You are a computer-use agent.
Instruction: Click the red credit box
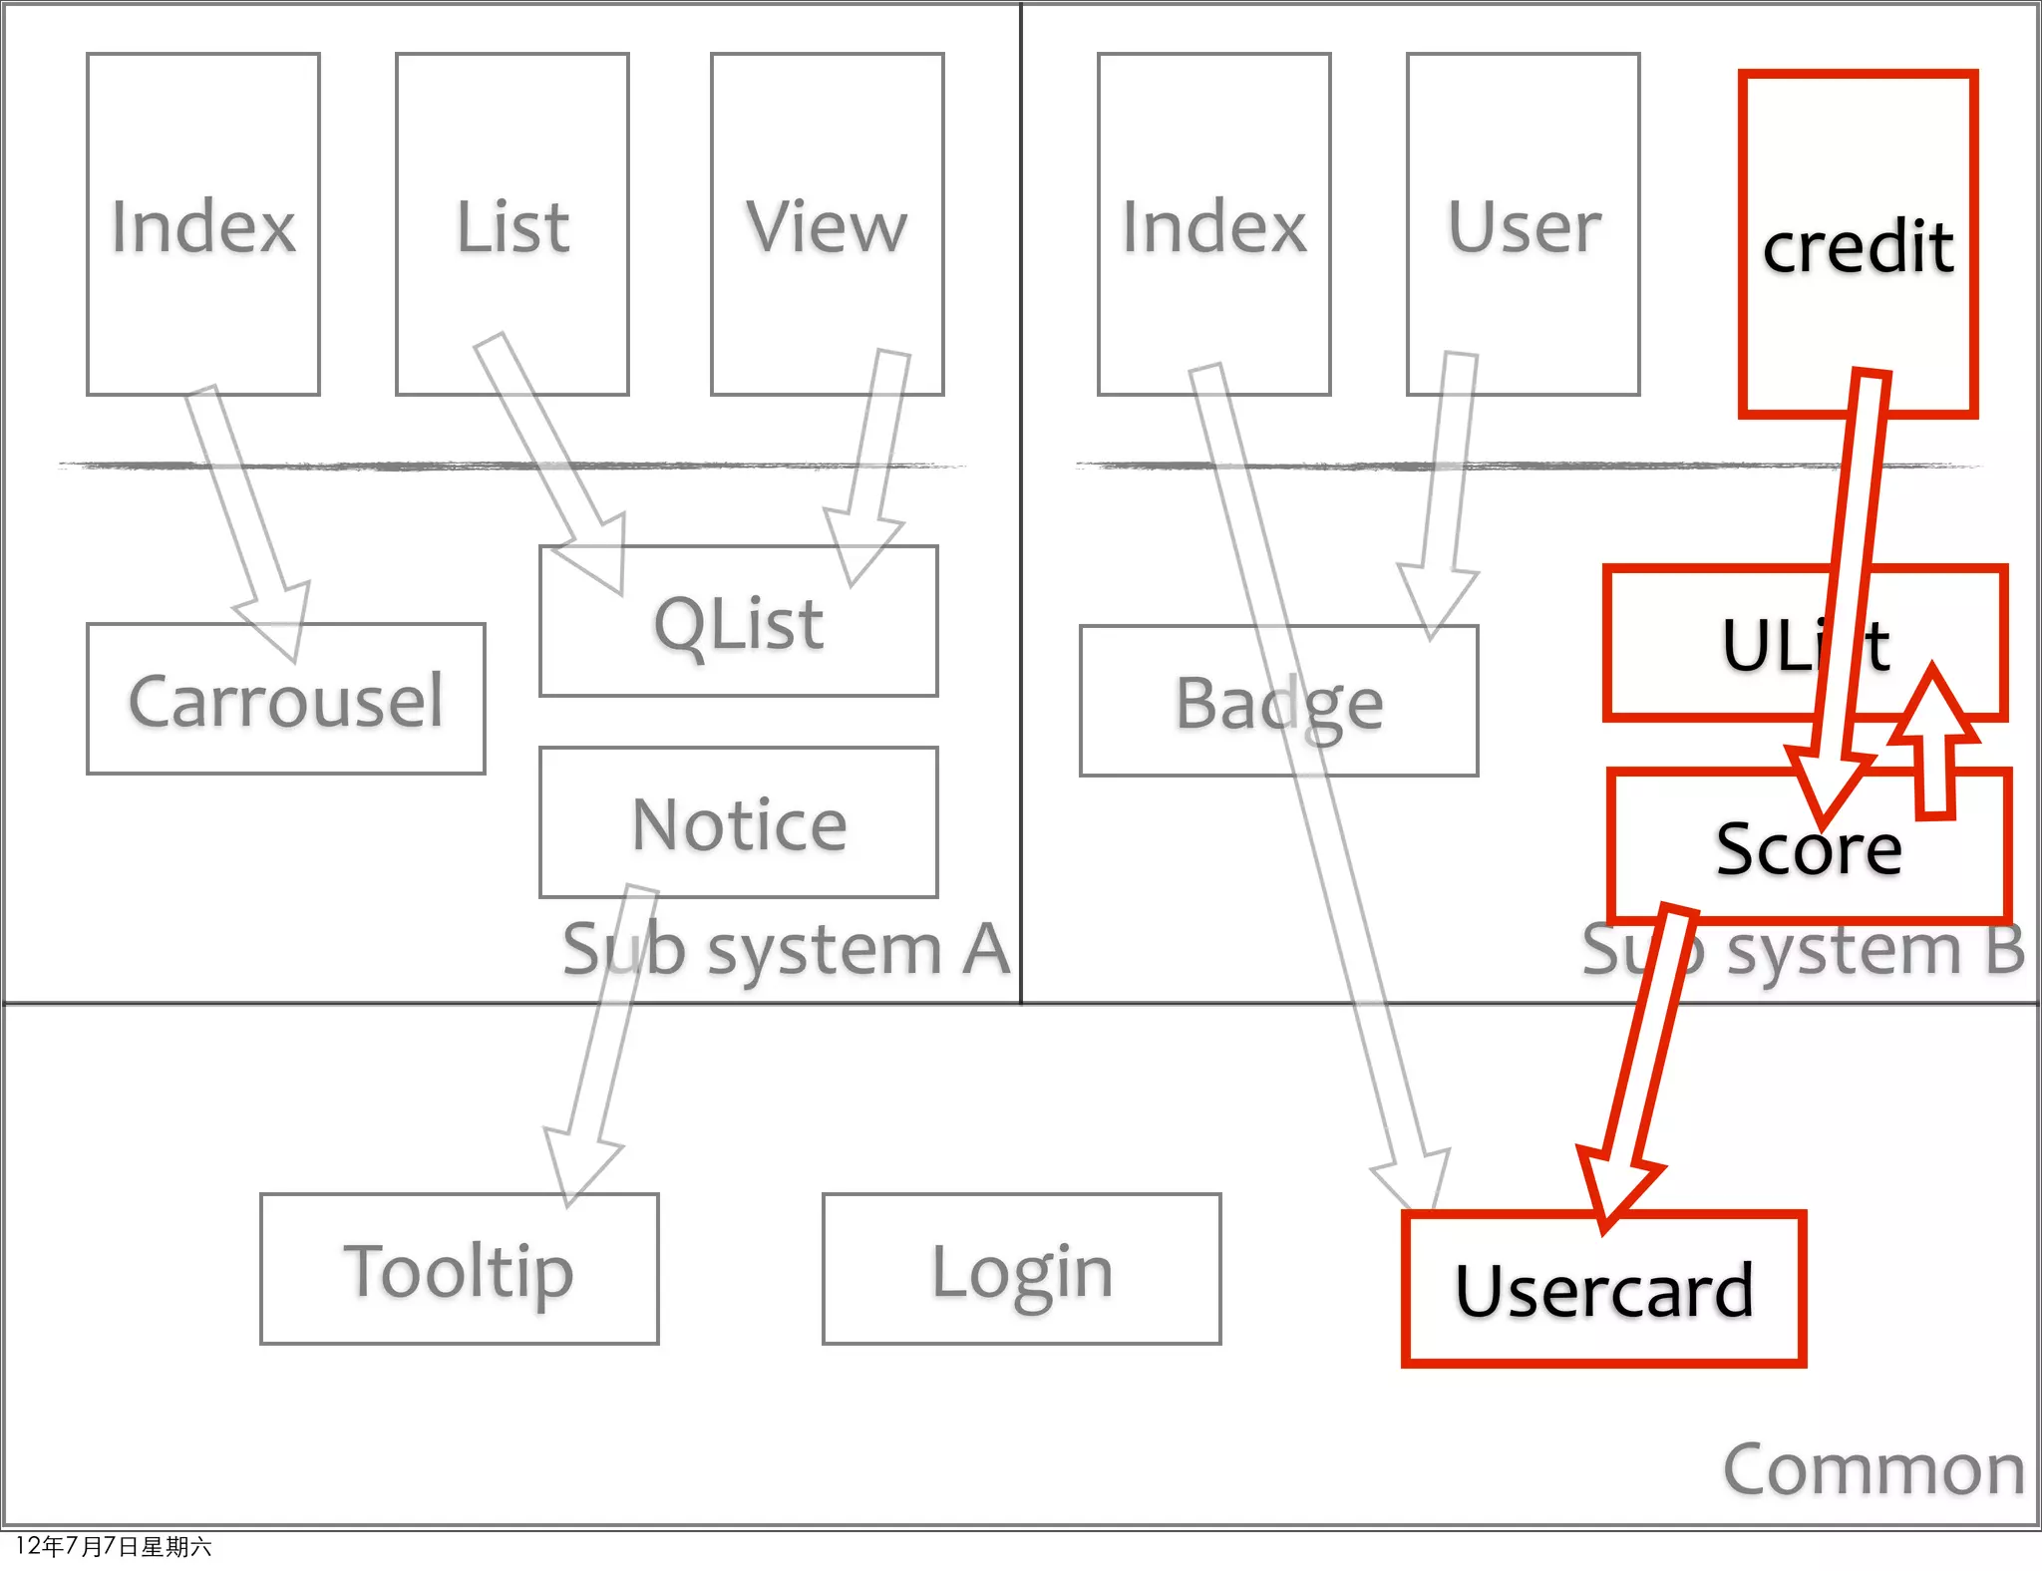pos(1858,243)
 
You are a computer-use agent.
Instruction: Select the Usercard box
pos(1603,1290)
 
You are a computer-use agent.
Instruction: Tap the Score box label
pos(1808,849)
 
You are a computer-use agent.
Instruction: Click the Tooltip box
pos(459,1270)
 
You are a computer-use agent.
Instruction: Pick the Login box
pos(1021,1270)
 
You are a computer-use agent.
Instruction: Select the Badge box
pos(1278,702)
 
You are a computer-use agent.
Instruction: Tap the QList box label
pos(738,624)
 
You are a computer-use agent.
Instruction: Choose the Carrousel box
pos(285,700)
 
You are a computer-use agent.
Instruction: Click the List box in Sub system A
pos(512,225)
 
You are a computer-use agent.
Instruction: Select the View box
pos(827,225)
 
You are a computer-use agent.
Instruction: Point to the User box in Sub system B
pos(1523,225)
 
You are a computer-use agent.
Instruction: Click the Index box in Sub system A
pos(203,225)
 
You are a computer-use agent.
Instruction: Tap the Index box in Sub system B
pos(1213,225)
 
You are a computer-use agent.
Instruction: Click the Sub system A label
pos(786,948)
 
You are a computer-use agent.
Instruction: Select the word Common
pos(1872,1469)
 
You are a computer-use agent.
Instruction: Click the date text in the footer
pos(113,1546)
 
